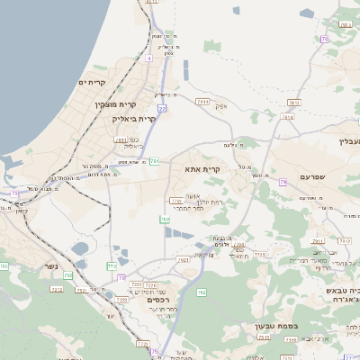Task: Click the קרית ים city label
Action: point(93,83)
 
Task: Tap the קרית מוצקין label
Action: point(115,105)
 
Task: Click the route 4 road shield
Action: point(148,58)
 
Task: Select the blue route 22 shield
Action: point(163,108)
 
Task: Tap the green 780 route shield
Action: point(165,219)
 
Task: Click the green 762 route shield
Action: point(202,292)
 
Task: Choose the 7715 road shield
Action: point(260,256)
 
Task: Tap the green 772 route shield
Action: point(112,266)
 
